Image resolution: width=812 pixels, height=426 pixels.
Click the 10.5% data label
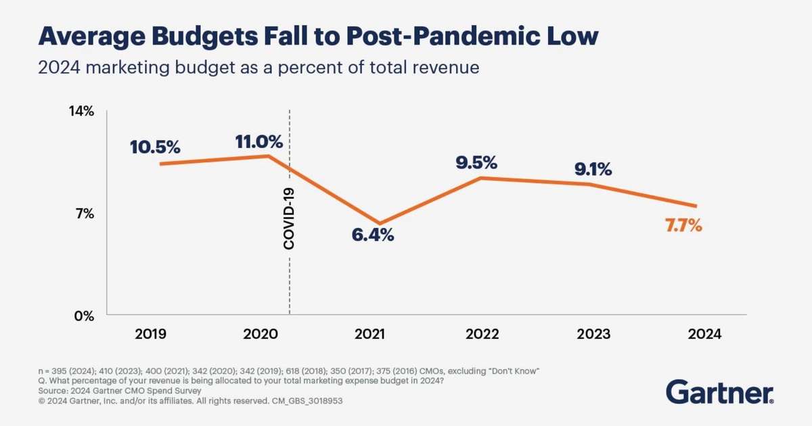click(x=155, y=147)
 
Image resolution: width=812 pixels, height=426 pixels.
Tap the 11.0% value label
click(x=258, y=142)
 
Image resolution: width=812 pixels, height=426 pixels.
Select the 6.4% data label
click(x=373, y=237)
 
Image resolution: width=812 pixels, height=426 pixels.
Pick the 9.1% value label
click(x=593, y=169)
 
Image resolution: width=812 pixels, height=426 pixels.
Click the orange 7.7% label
click(x=683, y=226)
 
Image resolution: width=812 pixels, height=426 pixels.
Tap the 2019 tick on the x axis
click(x=151, y=334)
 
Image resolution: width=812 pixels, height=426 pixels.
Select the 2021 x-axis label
click(x=369, y=334)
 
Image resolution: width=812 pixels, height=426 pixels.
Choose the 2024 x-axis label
click(x=704, y=334)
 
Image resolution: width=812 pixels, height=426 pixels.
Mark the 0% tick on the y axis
click(x=85, y=316)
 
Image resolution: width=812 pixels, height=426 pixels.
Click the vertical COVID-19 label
click(x=289, y=219)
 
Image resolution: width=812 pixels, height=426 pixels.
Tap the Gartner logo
click(x=720, y=392)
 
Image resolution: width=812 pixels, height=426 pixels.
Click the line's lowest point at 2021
click(x=380, y=223)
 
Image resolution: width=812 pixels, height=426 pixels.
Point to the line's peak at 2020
click(x=269, y=156)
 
